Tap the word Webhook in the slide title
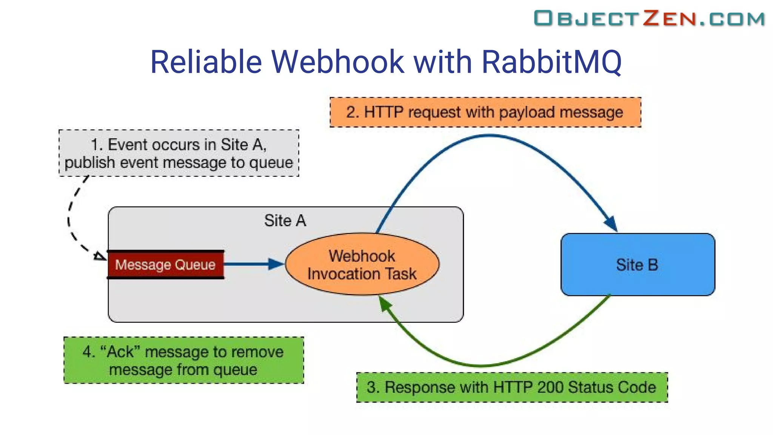[x=338, y=62]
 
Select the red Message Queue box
[x=165, y=265]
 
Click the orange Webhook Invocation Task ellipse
[x=362, y=265]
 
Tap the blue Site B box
[x=637, y=265]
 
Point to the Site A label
[x=285, y=221]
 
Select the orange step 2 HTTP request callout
[x=485, y=112]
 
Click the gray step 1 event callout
[x=179, y=153]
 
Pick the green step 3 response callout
[x=512, y=387]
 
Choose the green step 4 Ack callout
[x=183, y=361]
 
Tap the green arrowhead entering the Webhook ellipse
[x=385, y=303]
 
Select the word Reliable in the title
[x=206, y=62]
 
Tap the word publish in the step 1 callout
[x=90, y=163]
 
